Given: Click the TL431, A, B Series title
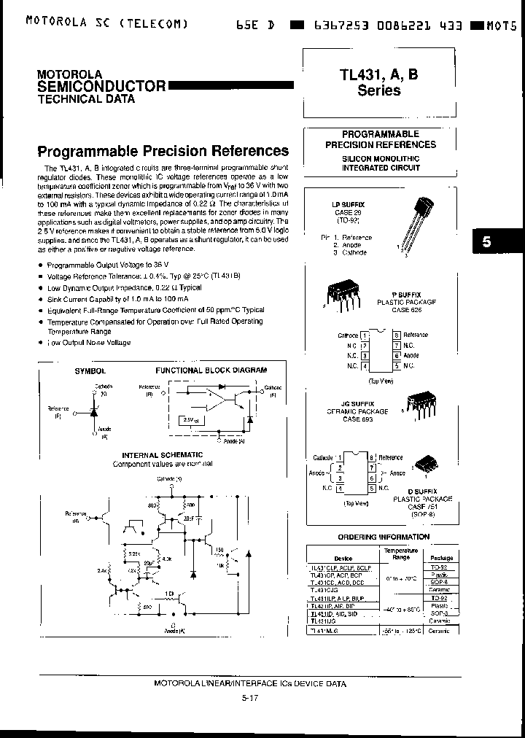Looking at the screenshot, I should pyautogui.click(x=378, y=82).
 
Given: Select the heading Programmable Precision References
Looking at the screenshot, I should pyautogui.click(x=163, y=152).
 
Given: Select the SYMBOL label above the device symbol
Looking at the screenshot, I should pyautogui.click(x=90, y=371).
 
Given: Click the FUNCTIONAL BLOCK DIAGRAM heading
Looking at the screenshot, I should pyautogui.click(x=211, y=370).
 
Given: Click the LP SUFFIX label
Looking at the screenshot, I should pyautogui.click(x=349, y=206).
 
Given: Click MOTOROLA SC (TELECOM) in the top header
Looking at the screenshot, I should pyautogui.click(x=106, y=22).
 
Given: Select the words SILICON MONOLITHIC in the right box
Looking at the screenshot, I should pyautogui.click(x=381, y=158).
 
